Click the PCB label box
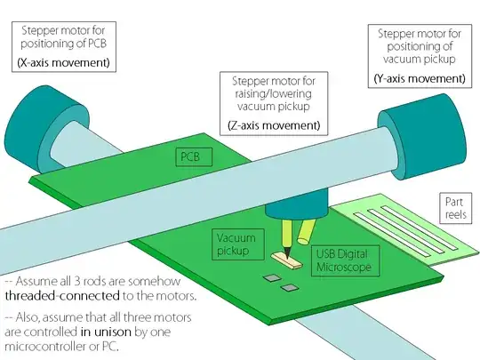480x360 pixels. point(194,157)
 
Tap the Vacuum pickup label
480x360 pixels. point(238,244)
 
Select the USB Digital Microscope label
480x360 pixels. point(345,260)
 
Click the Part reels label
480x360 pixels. point(455,208)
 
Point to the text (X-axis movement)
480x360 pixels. point(64,63)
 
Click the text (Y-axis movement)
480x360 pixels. point(420,79)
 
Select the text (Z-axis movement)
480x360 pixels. point(274,125)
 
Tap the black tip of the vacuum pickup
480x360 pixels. point(287,252)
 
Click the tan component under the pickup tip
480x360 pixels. point(287,260)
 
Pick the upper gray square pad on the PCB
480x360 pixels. point(273,278)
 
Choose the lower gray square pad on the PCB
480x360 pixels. point(290,288)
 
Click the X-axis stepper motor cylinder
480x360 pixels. point(46,129)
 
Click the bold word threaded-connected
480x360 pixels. point(62,296)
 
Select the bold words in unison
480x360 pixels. point(106,332)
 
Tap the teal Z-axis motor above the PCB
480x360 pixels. point(296,205)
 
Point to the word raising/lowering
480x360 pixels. point(274,93)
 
